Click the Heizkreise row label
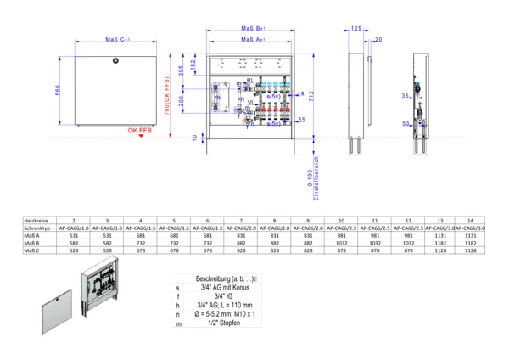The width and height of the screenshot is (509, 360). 35,219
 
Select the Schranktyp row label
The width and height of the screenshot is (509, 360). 35,228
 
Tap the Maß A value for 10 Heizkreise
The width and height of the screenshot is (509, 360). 339,235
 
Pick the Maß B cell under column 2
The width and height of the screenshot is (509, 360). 74,244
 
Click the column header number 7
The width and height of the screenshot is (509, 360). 240,219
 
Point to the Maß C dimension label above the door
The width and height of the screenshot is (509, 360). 115,40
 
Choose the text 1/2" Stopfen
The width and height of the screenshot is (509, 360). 243,324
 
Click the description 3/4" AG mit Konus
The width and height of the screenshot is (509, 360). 243,287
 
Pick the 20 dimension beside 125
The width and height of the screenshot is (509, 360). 378,40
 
